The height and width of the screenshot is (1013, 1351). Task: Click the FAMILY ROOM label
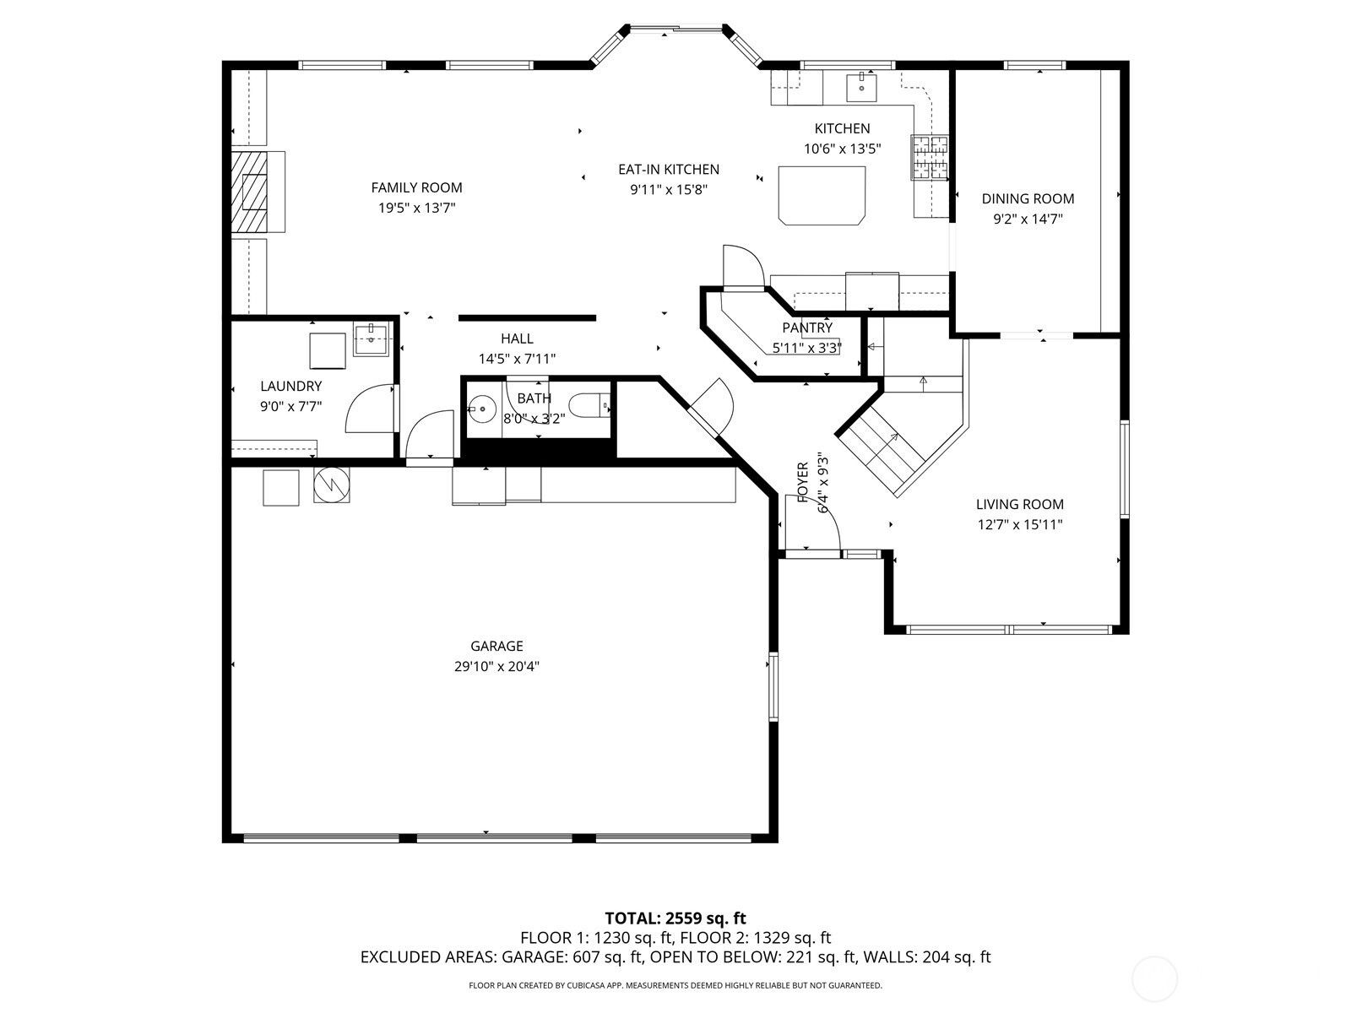416,187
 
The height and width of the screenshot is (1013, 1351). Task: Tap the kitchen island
822,194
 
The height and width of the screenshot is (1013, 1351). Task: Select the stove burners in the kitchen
930,158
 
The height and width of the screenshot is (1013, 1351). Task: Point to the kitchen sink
862,87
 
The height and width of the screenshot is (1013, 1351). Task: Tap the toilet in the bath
589,406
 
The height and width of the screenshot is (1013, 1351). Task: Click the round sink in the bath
482,409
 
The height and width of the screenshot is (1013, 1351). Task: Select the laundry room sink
372,341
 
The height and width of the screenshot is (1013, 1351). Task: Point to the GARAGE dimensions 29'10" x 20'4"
496,666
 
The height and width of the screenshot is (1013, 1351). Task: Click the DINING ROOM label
1028,198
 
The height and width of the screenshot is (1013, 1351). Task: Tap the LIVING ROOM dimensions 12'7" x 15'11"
1020,524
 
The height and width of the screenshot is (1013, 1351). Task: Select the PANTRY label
807,328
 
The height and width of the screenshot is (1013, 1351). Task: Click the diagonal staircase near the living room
880,452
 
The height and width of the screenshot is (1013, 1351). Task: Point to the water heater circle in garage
331,485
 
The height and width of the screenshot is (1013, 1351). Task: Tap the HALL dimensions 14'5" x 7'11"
517,359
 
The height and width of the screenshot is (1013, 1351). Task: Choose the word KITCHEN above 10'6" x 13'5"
842,128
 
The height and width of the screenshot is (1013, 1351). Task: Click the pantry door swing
744,266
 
